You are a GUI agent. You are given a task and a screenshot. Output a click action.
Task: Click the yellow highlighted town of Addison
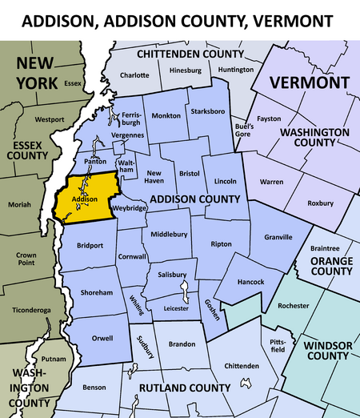tap(84, 196)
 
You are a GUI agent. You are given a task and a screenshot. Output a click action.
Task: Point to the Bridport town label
tap(90, 245)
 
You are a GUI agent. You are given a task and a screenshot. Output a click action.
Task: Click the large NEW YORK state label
tap(37, 71)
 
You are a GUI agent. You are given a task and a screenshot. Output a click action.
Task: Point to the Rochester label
tap(293, 306)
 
